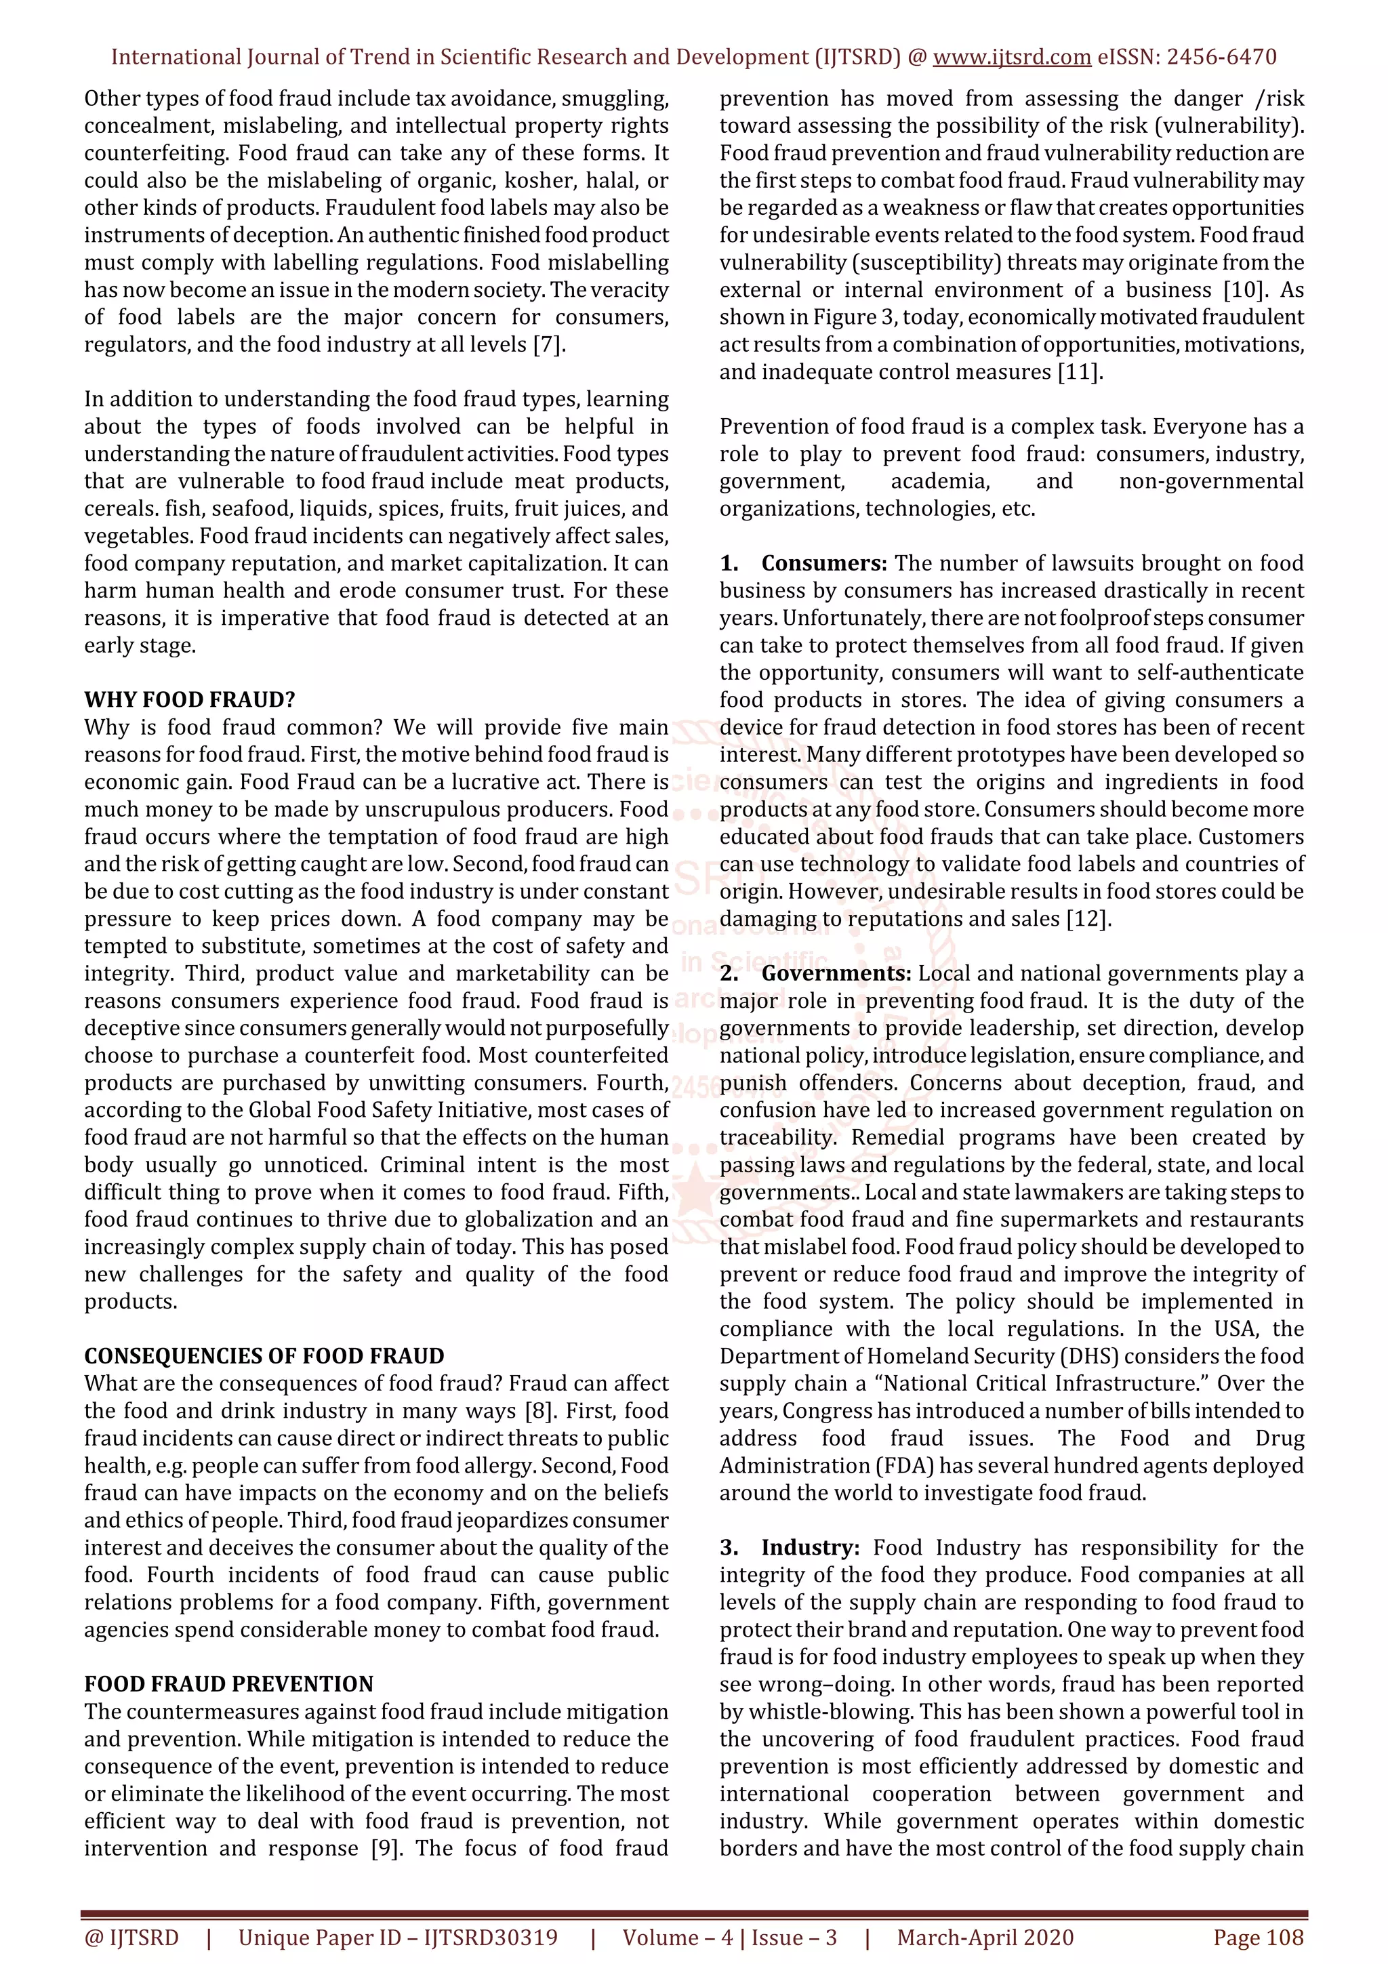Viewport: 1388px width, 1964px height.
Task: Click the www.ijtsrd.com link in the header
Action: (1012, 58)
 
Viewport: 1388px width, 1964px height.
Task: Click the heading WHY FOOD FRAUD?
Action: (189, 699)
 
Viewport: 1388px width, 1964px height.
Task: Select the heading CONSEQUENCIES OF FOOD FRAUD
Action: (264, 1356)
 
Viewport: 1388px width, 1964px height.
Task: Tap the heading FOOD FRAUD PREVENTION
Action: (228, 1684)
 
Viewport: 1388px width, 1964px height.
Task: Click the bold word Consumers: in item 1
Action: (824, 564)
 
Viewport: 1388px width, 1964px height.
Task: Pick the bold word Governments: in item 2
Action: (836, 973)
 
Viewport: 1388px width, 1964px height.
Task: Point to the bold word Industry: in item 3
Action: (810, 1547)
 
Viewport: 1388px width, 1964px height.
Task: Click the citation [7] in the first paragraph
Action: (549, 345)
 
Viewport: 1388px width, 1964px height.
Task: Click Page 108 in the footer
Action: (1258, 1938)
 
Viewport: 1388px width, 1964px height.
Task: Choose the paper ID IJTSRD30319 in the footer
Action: (490, 1938)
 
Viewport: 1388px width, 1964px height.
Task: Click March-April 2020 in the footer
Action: (985, 1938)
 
